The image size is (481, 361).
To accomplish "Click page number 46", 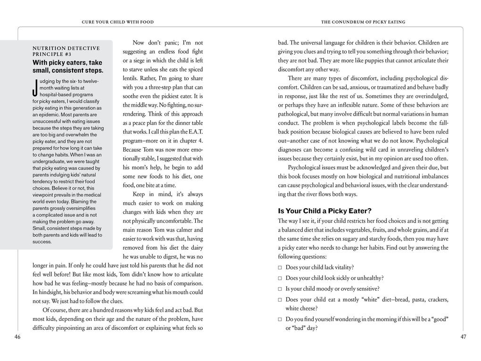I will coord(17,337).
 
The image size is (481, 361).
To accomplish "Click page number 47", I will coord(463,337).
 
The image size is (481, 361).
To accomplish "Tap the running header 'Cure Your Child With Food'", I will coord(117,22).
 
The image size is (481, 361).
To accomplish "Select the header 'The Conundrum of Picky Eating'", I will coord(363,22).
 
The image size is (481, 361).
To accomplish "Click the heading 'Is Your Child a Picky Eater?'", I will coord(324,211).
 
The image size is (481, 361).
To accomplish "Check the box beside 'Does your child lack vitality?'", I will coord(280,268).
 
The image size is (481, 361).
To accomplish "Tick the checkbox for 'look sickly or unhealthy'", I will coord(280,278).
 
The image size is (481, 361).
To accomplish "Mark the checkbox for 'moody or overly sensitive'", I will coord(280,289).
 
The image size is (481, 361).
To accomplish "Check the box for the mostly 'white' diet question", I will coord(280,300).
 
